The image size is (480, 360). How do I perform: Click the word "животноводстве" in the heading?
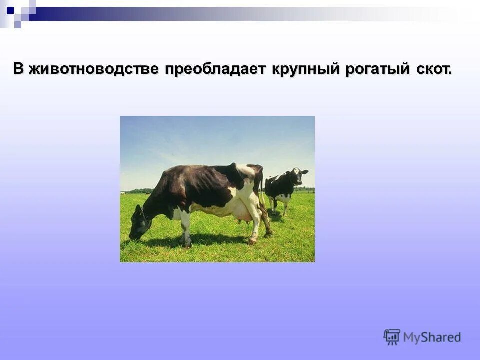pos(93,69)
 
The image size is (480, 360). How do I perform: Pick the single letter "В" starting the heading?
pos(18,69)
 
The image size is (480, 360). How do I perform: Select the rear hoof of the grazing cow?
pos(253,241)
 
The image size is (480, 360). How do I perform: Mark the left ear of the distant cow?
pos(290,171)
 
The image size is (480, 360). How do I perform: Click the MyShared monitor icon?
pos(392,337)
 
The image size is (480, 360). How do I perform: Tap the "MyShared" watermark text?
pos(432,337)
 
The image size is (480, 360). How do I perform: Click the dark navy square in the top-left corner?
pos(11,9)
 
